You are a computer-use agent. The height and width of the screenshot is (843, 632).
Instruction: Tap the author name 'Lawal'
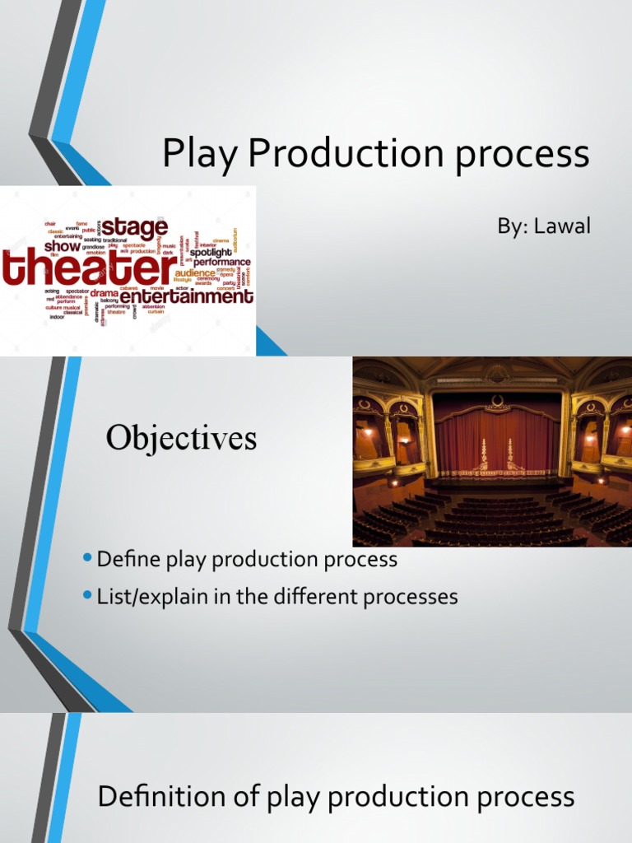pyautogui.click(x=563, y=226)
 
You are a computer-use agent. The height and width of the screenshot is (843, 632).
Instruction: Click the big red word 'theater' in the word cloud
pyautogui.click(x=87, y=268)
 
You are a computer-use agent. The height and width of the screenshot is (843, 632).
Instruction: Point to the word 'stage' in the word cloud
pyautogui.click(x=135, y=226)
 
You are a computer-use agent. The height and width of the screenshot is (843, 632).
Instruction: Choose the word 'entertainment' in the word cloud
pyautogui.click(x=187, y=296)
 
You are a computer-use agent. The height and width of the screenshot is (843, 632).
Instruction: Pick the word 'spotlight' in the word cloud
pyautogui.click(x=211, y=253)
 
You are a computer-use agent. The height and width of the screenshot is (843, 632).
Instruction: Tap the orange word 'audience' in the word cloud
pyautogui.click(x=195, y=272)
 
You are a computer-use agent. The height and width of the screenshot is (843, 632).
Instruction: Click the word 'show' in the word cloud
pyautogui.click(x=63, y=246)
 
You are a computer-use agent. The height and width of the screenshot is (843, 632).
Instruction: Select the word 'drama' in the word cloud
pyautogui.click(x=105, y=293)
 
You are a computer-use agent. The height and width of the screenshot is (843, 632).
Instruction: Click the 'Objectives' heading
pyautogui.click(x=181, y=439)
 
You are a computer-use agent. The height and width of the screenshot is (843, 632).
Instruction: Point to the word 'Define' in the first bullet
pyautogui.click(x=123, y=560)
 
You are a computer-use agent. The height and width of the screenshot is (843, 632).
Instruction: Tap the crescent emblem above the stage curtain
pyautogui.click(x=496, y=401)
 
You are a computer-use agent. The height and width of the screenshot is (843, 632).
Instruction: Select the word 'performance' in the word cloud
pyautogui.click(x=222, y=263)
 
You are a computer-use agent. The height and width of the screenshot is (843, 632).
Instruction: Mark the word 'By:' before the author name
pyautogui.click(x=511, y=226)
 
